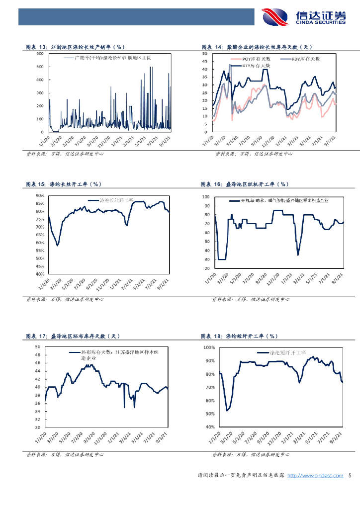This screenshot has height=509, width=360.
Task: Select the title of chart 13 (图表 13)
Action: click(75, 47)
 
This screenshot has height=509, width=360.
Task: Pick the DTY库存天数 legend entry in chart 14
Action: click(256, 65)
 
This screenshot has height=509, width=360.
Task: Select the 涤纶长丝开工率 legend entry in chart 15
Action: click(116, 200)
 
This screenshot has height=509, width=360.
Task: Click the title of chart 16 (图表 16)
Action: click(244, 184)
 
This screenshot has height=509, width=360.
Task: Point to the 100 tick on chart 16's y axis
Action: click(206, 197)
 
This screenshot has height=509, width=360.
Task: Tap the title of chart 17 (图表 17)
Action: click(73, 337)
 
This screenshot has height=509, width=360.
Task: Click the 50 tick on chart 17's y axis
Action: click(37, 347)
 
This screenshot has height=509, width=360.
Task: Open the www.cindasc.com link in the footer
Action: click(315, 476)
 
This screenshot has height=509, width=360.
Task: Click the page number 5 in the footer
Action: click(350, 476)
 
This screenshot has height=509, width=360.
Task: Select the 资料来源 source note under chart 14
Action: click(253, 154)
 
